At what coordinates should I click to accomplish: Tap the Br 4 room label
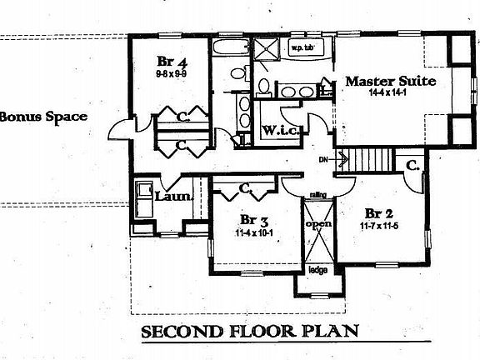(170, 61)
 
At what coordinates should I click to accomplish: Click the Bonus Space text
(42, 117)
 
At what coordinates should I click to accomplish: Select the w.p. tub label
(301, 48)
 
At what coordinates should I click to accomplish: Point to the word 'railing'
(317, 194)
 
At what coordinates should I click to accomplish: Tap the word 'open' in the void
(318, 224)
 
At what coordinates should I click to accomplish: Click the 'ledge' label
(317, 270)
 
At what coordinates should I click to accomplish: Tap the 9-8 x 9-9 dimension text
(170, 74)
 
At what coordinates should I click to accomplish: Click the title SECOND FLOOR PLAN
(250, 330)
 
